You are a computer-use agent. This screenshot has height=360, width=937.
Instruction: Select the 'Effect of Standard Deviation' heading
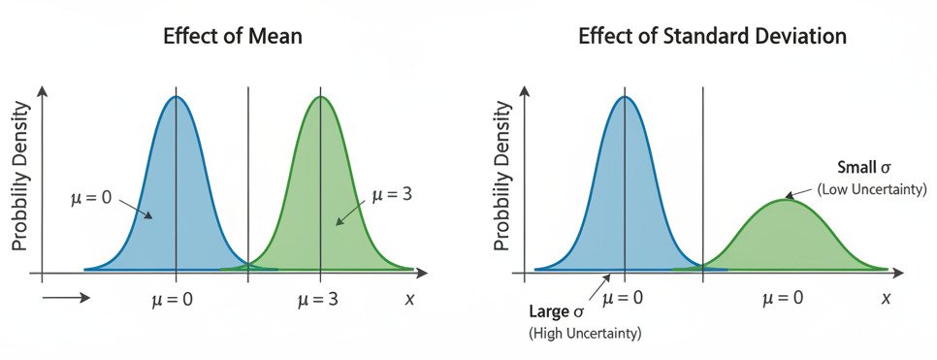pyautogui.click(x=712, y=37)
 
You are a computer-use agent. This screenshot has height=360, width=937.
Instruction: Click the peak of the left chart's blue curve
pyautogui.click(x=176, y=96)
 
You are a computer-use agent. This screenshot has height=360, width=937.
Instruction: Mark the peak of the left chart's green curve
pyautogui.click(x=321, y=96)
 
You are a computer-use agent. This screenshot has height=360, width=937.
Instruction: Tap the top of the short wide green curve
pyautogui.click(x=784, y=200)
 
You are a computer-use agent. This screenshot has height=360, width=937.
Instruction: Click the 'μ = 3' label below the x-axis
pyautogui.click(x=320, y=299)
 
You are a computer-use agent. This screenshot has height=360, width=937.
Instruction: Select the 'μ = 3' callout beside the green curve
pyautogui.click(x=393, y=194)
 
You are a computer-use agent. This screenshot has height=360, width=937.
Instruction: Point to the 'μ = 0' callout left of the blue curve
pyautogui.click(x=91, y=198)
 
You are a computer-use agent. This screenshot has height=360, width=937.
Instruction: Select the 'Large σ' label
pyautogui.click(x=556, y=312)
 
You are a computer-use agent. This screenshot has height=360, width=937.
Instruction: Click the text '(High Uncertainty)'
pyautogui.click(x=585, y=334)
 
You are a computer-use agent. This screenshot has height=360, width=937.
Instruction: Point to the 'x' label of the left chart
pyautogui.click(x=409, y=299)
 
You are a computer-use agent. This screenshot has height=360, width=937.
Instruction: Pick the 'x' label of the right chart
pyautogui.click(x=886, y=299)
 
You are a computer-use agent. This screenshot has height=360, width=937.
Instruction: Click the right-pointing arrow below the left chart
pyautogui.click(x=66, y=298)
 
